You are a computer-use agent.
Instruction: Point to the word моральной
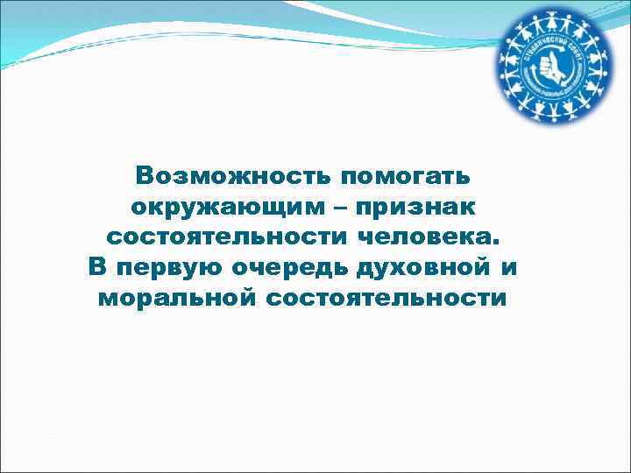[x=175, y=298]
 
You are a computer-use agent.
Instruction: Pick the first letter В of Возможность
[x=144, y=176]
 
